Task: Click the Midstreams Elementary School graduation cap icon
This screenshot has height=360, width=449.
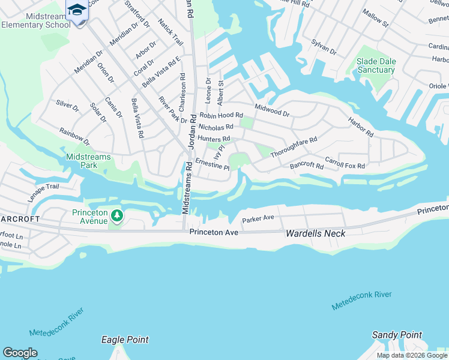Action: click(x=76, y=10)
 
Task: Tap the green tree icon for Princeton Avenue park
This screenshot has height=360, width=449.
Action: click(x=116, y=215)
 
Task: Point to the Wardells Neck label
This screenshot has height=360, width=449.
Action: click(x=316, y=233)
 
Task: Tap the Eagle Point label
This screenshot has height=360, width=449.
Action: click(x=125, y=340)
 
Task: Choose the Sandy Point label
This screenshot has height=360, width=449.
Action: click(x=397, y=335)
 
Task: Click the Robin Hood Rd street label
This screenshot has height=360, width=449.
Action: click(x=221, y=115)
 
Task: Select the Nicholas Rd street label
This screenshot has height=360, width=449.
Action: click(x=215, y=127)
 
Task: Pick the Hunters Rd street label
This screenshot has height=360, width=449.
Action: click(x=214, y=139)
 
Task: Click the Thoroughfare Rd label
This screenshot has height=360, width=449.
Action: click(x=293, y=147)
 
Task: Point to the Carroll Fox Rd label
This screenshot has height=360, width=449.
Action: click(x=345, y=162)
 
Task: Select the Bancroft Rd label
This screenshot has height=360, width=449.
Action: click(x=307, y=165)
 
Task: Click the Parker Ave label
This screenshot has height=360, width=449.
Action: click(x=258, y=218)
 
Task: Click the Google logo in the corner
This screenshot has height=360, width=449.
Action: click(x=20, y=353)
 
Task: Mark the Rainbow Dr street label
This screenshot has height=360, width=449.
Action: click(x=74, y=136)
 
